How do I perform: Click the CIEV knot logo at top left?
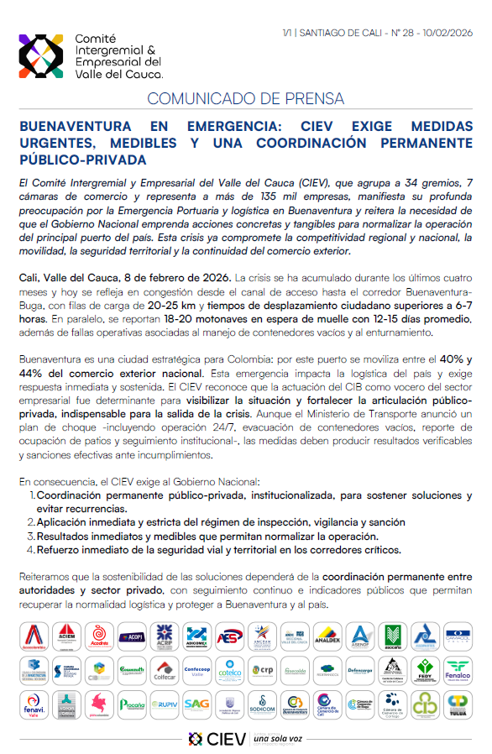click(x=42, y=56)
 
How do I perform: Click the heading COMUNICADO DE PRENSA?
click(x=245, y=99)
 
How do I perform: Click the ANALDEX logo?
click(x=327, y=636)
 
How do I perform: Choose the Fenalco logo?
click(x=458, y=670)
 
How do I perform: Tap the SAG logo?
click(x=196, y=704)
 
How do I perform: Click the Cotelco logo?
click(x=229, y=670)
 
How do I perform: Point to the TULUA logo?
click(x=458, y=704)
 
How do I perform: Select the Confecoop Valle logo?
click(x=196, y=670)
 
